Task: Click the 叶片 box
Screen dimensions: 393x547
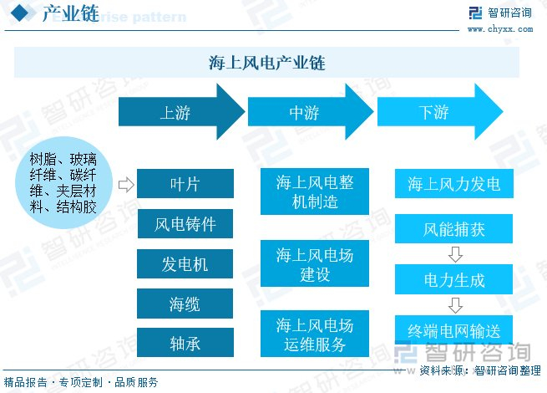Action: pos(185,184)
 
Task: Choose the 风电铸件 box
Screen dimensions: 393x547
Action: pos(185,224)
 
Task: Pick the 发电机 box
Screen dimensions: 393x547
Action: pos(185,264)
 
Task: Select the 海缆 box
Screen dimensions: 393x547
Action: pos(185,304)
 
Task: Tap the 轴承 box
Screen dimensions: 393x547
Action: pos(185,344)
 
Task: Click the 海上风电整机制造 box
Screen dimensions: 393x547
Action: pos(315,193)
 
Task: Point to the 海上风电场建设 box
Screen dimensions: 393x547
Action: pos(315,264)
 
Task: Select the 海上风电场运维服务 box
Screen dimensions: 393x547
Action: pos(315,334)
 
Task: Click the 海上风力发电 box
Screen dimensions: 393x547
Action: pos(453,184)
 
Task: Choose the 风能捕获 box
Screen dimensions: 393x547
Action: pos(453,229)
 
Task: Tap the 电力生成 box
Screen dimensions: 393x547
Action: pos(453,280)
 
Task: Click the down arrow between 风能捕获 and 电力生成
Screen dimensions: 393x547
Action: pos(454,254)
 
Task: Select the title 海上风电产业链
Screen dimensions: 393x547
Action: pos(267,63)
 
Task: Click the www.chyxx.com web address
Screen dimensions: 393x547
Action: pos(499,28)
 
